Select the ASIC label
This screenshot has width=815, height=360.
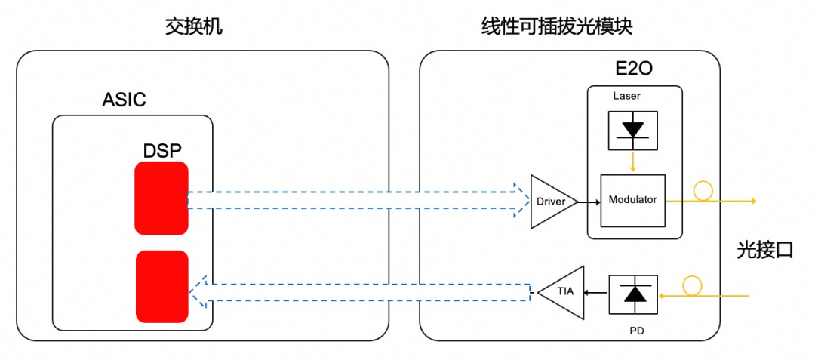[x=124, y=100]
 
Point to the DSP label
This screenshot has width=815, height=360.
[x=162, y=151]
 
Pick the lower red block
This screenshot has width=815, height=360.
[x=161, y=286]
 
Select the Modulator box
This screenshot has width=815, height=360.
[x=632, y=201]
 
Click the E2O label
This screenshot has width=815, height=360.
[x=633, y=70]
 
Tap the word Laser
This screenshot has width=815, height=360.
[x=627, y=96]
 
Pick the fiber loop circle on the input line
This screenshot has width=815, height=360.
[x=691, y=285]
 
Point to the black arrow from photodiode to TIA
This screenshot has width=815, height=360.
[x=597, y=293]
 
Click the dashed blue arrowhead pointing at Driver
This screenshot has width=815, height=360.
[x=520, y=199]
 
